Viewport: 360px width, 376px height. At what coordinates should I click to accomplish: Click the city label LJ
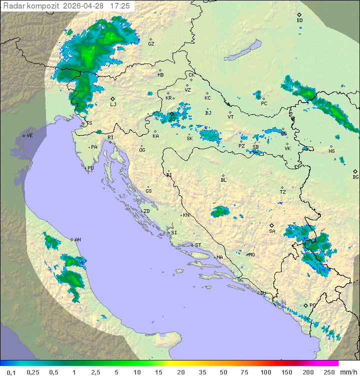[113, 104]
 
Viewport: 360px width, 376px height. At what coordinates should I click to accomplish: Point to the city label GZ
[151, 44]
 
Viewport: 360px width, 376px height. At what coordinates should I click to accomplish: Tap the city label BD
[299, 20]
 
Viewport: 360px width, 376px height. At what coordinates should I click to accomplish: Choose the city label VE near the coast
[29, 135]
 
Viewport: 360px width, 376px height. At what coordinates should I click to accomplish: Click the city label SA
[272, 231]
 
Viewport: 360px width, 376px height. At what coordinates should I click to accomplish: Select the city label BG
[355, 177]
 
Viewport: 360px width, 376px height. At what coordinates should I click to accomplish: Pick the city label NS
[331, 151]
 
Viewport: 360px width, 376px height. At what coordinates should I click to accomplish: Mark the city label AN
[77, 240]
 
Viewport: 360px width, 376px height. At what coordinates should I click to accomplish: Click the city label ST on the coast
[197, 245]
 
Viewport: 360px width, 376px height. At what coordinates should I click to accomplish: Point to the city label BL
[223, 180]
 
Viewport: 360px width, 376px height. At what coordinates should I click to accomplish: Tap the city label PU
[90, 168]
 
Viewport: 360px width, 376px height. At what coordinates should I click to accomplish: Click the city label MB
[160, 75]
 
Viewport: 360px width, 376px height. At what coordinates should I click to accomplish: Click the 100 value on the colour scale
[265, 372]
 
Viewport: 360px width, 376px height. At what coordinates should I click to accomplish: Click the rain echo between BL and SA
[219, 212]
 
